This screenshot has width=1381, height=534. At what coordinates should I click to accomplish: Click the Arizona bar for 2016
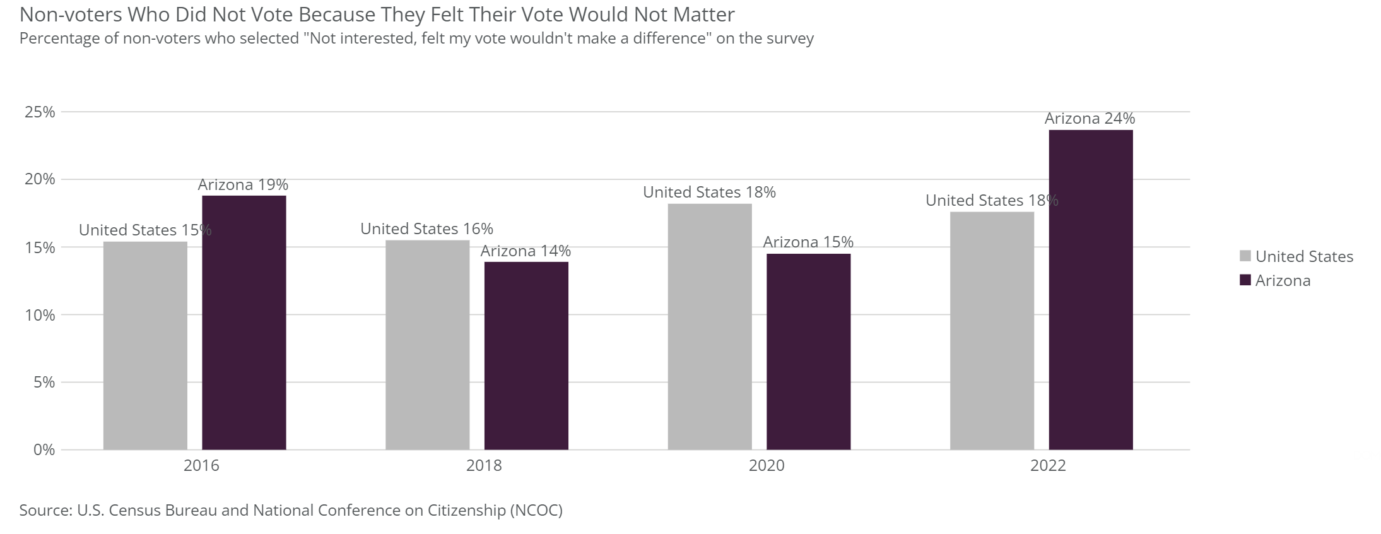click(244, 323)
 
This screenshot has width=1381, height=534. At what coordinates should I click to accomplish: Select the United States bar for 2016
click(145, 345)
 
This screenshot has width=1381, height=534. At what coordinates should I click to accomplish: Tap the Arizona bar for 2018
click(526, 355)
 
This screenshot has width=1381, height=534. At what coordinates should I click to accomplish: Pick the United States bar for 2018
click(427, 345)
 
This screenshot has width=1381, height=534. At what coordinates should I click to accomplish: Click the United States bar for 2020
click(710, 326)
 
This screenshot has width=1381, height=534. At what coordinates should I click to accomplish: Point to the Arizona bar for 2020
click(808, 352)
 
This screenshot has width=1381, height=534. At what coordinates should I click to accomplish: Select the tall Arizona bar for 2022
click(1090, 290)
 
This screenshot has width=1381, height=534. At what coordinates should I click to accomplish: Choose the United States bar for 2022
click(992, 331)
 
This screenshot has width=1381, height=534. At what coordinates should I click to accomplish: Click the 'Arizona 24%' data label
click(1090, 119)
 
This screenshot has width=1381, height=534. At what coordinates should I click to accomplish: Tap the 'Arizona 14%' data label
click(526, 251)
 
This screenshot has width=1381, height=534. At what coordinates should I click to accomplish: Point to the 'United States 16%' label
click(426, 229)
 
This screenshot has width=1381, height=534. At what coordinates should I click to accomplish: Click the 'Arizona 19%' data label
click(243, 185)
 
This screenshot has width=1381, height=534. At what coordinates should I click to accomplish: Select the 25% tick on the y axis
click(40, 112)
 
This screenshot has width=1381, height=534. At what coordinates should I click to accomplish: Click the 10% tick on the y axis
click(40, 315)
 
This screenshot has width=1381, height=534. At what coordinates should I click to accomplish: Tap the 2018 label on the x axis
click(484, 466)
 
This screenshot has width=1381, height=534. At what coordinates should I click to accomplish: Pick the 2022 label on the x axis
click(1048, 466)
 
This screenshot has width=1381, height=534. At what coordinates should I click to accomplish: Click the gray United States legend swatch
click(1245, 256)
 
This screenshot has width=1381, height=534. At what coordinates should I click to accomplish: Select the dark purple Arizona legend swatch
click(1245, 280)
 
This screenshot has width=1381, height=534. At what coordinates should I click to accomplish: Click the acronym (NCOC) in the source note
click(535, 510)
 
